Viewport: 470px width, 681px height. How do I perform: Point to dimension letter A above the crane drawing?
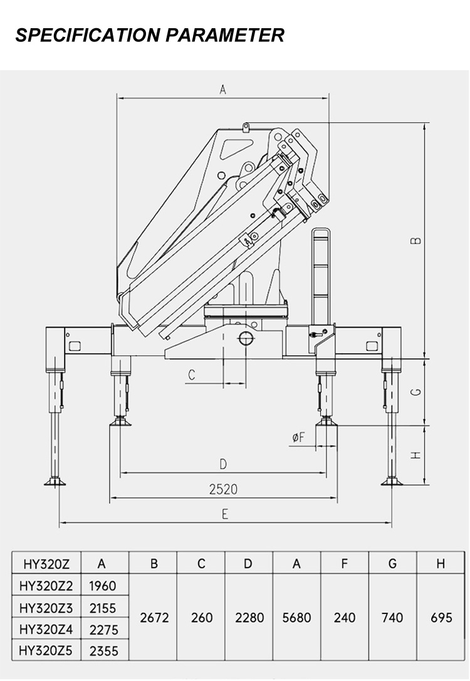click(222, 90)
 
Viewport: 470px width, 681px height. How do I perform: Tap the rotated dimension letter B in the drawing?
click(415, 241)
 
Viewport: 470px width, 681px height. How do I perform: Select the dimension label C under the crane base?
click(192, 375)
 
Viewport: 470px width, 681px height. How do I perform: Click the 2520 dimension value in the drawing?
click(223, 489)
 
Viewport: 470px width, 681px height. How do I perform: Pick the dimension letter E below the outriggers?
click(224, 514)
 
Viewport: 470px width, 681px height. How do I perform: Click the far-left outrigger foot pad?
click(55, 481)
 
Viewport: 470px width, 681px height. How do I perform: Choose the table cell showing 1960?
click(103, 586)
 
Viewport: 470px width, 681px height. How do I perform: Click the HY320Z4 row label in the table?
click(46, 629)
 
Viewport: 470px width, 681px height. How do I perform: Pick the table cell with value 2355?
click(103, 651)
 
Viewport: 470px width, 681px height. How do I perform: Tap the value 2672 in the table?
click(154, 618)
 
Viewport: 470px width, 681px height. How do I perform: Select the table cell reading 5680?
click(296, 618)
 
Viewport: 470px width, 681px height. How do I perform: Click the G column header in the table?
click(392, 563)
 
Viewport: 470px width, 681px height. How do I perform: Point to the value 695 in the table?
click(441, 618)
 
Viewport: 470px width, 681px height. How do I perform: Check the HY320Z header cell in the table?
click(46, 563)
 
